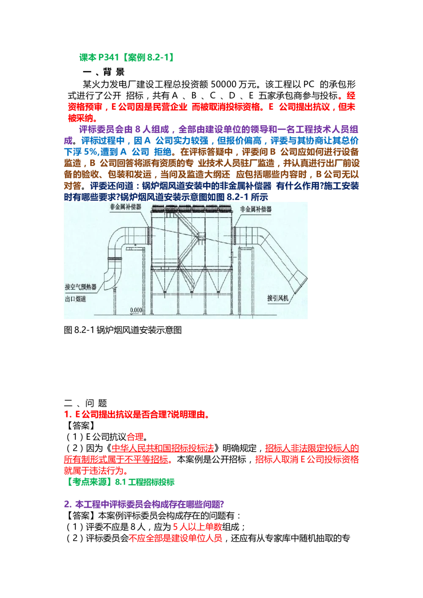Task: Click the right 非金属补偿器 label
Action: (255, 209)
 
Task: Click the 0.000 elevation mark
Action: (136, 310)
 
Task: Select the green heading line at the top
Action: (126, 58)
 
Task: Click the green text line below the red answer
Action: (121, 482)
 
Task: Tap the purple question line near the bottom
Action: (143, 504)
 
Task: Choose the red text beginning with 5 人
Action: (198, 527)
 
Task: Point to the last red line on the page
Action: (175, 538)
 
